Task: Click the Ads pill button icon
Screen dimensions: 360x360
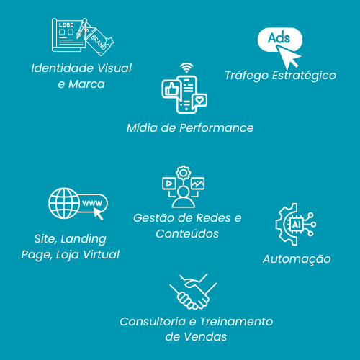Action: pyautogui.click(x=280, y=39)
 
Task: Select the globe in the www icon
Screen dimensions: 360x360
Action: pyautogui.click(x=64, y=203)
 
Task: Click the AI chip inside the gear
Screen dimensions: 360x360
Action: pyautogui.click(x=296, y=225)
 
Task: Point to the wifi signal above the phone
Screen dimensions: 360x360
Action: pyautogui.click(x=186, y=68)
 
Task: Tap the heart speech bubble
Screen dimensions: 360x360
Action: pyautogui.click(x=200, y=100)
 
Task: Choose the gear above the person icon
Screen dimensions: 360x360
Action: pyautogui.click(x=184, y=173)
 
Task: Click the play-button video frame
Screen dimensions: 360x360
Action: pyautogui.click(x=169, y=184)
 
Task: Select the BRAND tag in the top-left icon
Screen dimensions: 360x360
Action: pyautogui.click(x=99, y=41)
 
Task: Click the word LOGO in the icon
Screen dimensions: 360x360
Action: pyautogui.click(x=66, y=24)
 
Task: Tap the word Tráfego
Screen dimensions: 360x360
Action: pyautogui.click(x=246, y=76)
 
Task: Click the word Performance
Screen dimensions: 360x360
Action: pyautogui.click(x=217, y=128)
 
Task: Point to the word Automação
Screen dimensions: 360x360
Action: pyautogui.click(x=297, y=259)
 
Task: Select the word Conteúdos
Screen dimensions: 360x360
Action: pyautogui.click(x=187, y=234)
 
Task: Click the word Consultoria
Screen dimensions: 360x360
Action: pyautogui.click(x=153, y=322)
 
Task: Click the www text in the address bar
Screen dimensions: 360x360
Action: pyautogui.click(x=92, y=204)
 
